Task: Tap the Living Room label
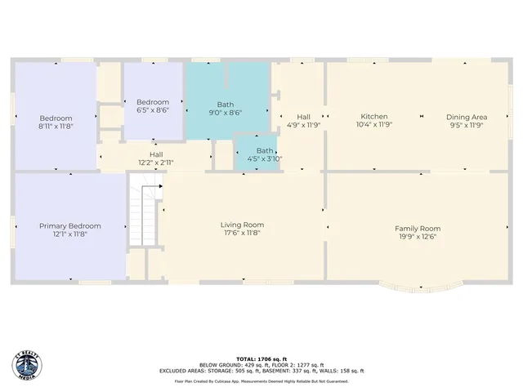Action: pos(242,225)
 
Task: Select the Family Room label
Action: pos(418,229)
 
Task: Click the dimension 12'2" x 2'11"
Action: pos(155,163)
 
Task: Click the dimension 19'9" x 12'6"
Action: pos(418,237)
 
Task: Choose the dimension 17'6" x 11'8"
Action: pos(242,233)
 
